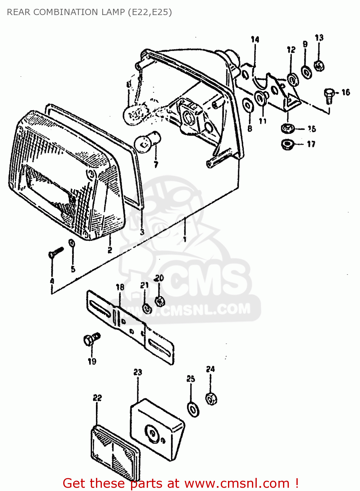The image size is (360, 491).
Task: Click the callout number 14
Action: coord(255,40)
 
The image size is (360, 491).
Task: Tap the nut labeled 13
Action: coord(319,65)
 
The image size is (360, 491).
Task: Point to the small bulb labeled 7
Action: coord(146,141)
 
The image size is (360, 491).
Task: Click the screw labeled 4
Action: coord(56,252)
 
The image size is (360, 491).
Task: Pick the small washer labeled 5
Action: coord(71,243)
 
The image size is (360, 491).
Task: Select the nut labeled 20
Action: coord(160,301)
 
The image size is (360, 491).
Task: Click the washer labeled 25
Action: coord(193,409)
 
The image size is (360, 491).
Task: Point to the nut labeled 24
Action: coord(211,398)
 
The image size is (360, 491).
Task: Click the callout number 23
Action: coord(138,372)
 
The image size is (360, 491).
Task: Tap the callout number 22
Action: coord(97,398)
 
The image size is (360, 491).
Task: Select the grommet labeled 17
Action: coord(288,144)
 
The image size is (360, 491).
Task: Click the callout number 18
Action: coord(120,287)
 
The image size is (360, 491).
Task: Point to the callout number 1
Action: coord(185,239)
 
